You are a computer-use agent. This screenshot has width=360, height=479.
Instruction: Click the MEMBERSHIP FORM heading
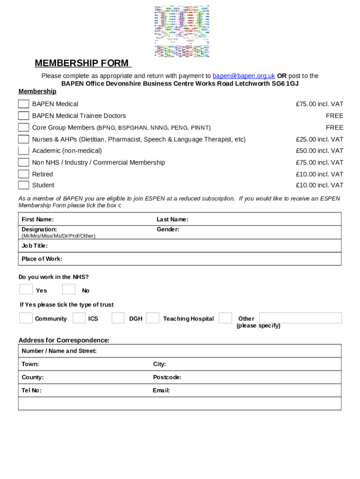click(82, 64)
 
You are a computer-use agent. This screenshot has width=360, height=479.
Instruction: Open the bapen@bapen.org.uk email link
click(244, 76)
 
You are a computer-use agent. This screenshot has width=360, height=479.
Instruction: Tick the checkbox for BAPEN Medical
click(24, 104)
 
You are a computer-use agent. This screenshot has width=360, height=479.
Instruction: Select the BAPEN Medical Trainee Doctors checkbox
click(24, 116)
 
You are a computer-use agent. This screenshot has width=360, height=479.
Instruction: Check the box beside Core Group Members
click(24, 127)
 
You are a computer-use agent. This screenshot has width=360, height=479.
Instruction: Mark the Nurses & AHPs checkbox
click(24, 139)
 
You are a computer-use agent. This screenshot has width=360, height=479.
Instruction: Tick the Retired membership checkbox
click(24, 174)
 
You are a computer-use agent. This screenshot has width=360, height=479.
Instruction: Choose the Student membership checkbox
click(24, 185)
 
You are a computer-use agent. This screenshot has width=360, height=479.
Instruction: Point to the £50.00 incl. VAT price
click(319, 151)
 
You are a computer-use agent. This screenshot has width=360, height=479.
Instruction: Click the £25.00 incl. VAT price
click(319, 139)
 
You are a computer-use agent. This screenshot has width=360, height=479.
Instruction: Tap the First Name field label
click(38, 219)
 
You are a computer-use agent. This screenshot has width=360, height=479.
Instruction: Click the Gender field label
click(168, 229)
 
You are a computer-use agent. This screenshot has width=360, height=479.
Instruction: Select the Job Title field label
click(35, 246)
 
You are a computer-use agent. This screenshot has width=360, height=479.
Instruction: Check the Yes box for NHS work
click(26, 290)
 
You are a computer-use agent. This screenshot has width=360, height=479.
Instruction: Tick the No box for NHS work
click(69, 290)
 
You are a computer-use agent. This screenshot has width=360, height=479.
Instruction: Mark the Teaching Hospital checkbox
click(152, 318)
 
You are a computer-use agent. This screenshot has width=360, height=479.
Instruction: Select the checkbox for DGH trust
click(118, 318)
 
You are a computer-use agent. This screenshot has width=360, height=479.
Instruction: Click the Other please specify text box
click(300, 318)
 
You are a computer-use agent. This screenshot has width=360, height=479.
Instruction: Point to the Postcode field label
click(167, 377)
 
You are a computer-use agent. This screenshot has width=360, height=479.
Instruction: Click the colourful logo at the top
click(182, 31)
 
